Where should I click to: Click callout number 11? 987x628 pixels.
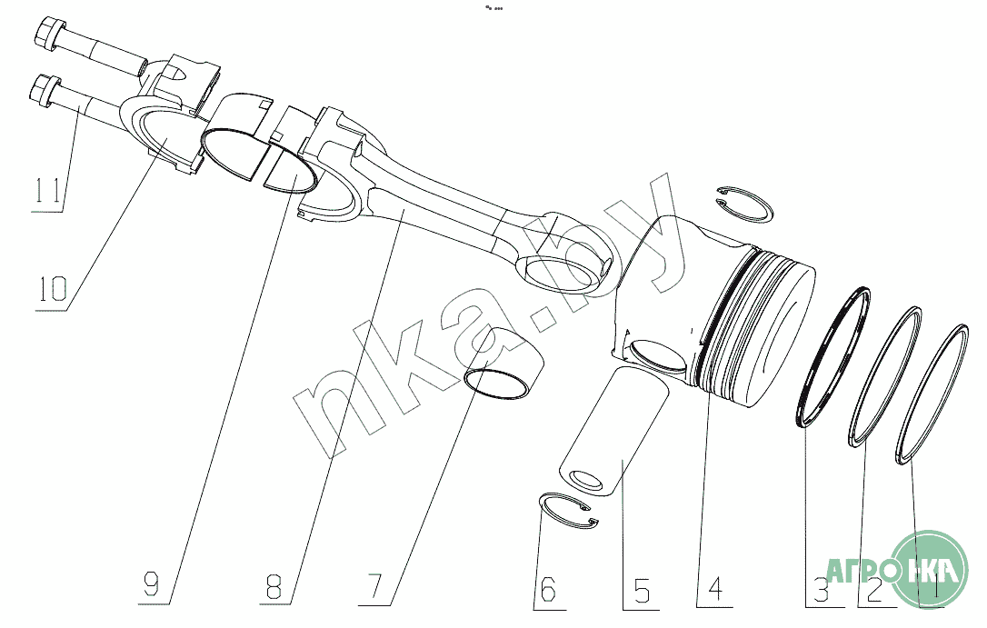coord(48,190)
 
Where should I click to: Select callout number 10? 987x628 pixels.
coord(53,289)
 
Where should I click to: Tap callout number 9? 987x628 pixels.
coord(152,585)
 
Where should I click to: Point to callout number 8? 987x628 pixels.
coord(274,586)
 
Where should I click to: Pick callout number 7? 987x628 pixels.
coord(374,586)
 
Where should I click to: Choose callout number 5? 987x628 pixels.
coord(642,590)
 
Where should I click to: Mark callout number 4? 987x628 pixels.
coord(715,588)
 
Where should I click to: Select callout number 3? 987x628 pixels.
coord(820,590)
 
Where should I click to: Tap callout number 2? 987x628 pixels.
coord(873,590)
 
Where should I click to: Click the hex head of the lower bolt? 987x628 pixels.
coord(44,88)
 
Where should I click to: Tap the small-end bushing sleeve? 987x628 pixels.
coord(504,364)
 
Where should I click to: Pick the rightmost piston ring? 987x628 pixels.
coord(932,395)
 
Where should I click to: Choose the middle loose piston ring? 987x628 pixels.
coord(885,377)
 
